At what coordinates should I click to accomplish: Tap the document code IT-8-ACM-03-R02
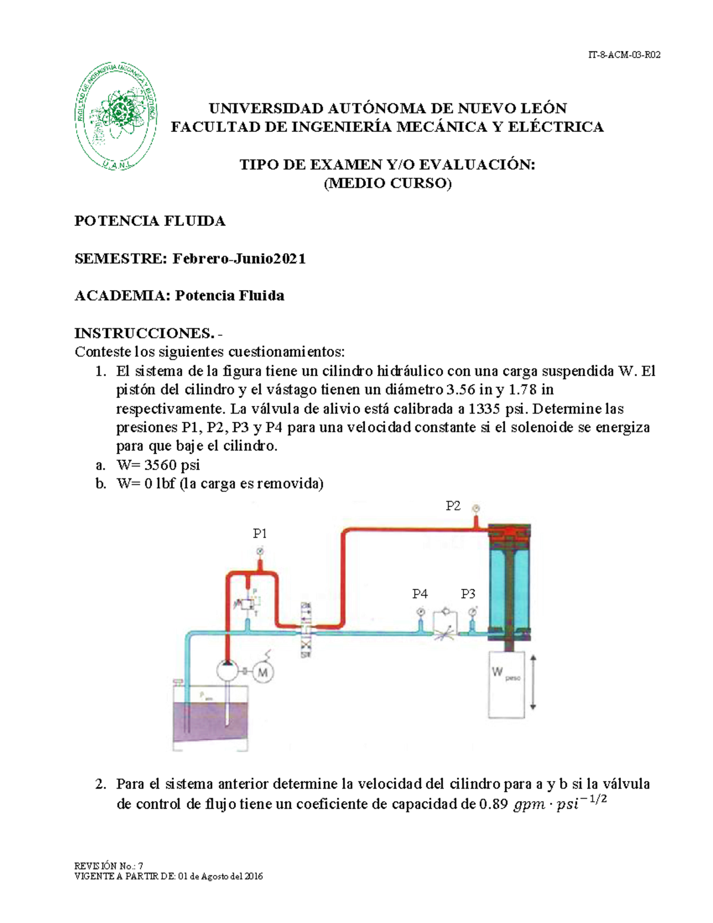pos(624,55)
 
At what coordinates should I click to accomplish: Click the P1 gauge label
pos(260,534)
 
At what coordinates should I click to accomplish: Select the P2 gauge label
pos(453,506)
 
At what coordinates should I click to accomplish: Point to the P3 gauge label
pos(468,594)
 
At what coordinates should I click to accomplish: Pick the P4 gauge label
pos(420,594)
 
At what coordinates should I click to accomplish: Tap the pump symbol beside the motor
pos(227,671)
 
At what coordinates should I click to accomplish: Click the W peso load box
pos(507,683)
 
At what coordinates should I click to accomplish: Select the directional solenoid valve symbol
pos(306,630)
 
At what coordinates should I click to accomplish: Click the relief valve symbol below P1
pos(247,604)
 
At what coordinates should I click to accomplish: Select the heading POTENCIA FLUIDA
pos(150,221)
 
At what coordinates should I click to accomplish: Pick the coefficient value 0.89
pos(493,805)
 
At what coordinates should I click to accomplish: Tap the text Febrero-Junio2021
pos(239,259)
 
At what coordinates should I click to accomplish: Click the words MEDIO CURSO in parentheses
pos(387,184)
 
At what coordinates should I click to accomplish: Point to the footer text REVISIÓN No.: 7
pos(109,866)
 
